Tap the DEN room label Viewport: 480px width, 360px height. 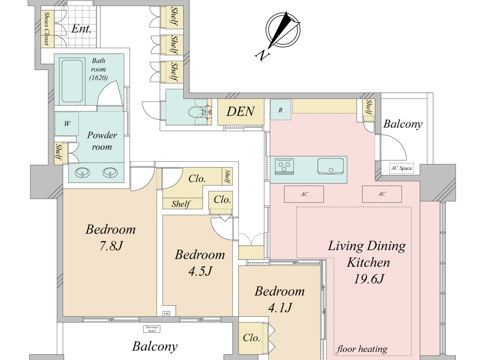pos(241,111)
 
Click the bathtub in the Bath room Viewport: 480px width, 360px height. pos(72,81)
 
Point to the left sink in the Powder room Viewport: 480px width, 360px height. pos(82,172)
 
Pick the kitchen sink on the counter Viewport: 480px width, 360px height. pos(331,166)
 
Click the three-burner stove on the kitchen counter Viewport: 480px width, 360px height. pos(284,166)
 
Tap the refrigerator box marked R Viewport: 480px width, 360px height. pos(280,110)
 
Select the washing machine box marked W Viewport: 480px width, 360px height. pos(67,124)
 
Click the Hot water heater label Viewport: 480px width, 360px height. pos(152,329)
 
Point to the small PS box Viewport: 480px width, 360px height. pos(166,314)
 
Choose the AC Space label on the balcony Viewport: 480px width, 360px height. pos(401,168)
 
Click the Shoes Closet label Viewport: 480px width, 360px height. pos(47,29)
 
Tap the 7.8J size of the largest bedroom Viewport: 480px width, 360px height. pos(111,246)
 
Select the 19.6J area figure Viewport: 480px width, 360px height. pos(369,279)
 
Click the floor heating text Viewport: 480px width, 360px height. pos(362,349)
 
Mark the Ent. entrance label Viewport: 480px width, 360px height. pos(81,29)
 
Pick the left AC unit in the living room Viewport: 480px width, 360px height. pos(304,194)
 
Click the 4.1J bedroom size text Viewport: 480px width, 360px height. pos(280,308)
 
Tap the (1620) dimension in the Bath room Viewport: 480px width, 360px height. pos(98,78)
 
